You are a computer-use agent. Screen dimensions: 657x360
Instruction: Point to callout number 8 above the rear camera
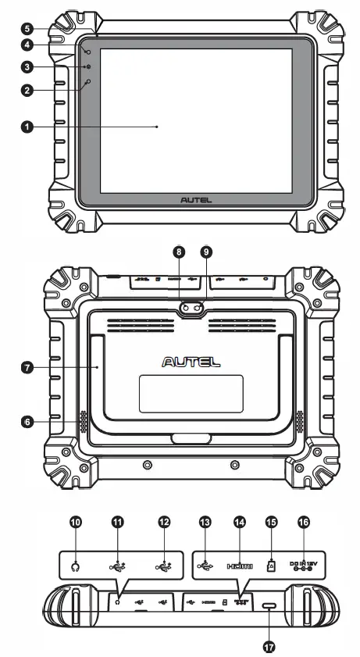click(179, 252)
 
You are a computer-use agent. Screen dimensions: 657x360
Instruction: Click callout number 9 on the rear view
click(206, 252)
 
